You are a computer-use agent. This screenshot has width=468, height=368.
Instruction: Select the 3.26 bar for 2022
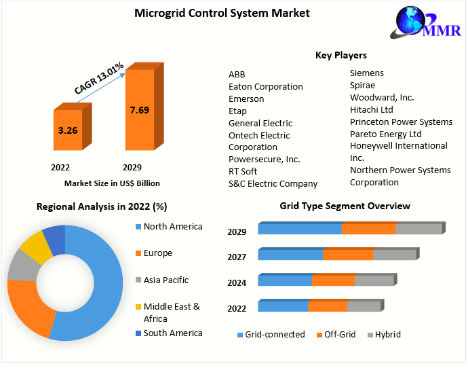[x=68, y=130]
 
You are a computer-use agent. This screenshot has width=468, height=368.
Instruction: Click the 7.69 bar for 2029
[x=140, y=109]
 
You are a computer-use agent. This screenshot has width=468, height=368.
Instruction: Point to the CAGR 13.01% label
[x=99, y=78]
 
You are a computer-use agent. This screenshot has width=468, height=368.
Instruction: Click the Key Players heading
[x=341, y=55]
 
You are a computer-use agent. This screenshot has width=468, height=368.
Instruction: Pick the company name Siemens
[x=367, y=73]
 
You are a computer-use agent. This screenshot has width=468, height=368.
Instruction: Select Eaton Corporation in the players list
[x=266, y=86]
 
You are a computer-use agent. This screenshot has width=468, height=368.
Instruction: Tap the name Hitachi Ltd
[x=372, y=109]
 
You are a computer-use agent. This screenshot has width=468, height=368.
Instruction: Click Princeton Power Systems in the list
[x=401, y=122]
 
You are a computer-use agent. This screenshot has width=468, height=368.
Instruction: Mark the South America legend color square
[x=138, y=333]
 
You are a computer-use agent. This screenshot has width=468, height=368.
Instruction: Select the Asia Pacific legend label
[x=166, y=280]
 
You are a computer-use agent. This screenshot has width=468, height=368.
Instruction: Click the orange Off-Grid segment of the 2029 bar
[x=368, y=229]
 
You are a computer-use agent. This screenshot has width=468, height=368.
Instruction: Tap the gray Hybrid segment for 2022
[x=364, y=306]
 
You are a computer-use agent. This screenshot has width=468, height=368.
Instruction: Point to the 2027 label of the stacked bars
[x=237, y=257]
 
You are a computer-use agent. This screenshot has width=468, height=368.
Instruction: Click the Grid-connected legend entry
[x=266, y=335]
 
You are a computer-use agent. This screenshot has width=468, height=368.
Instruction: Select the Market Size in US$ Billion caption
[x=112, y=183]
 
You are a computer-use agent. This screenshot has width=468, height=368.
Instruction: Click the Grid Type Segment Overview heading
[x=345, y=206]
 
